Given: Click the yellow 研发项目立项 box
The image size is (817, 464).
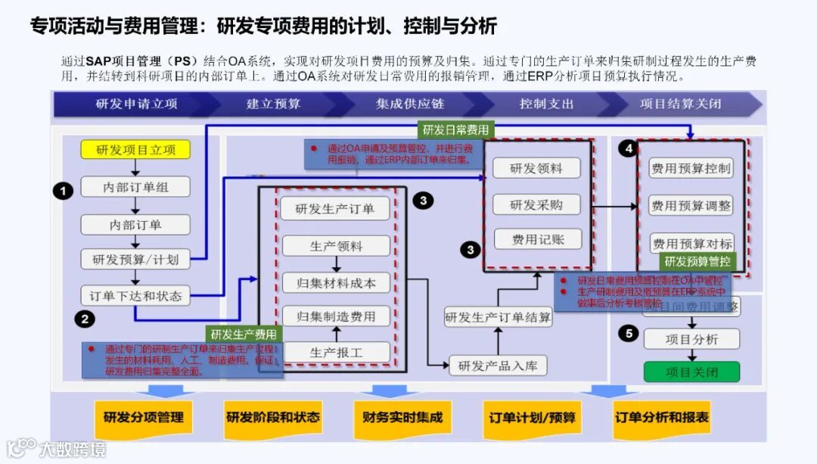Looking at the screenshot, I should tap(135, 150).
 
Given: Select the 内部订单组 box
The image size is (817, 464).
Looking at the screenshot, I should tap(135, 187).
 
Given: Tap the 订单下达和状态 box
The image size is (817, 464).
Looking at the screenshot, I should tap(135, 296).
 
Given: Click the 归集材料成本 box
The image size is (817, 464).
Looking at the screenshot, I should tap(336, 283).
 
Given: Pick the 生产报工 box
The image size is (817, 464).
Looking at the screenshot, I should tap(336, 352).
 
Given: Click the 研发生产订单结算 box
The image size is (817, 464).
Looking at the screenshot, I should tap(498, 316).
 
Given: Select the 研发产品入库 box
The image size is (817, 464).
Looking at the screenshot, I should tap(498, 366).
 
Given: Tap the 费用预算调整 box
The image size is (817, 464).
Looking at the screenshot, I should tap(691, 205).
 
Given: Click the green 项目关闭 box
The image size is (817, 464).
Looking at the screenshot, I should tap(691, 372).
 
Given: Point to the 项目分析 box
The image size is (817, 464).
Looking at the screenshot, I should tap(691, 339).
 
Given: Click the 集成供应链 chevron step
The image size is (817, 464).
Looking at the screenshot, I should tap(409, 104).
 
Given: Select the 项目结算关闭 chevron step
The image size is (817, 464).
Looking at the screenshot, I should tap(680, 104).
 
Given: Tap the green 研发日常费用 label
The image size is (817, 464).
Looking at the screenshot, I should tap(455, 129).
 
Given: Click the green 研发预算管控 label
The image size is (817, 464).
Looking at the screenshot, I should tap(697, 261).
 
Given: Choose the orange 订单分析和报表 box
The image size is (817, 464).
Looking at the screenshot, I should tap(662, 417).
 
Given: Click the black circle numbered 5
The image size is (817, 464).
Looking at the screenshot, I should tap(627, 333).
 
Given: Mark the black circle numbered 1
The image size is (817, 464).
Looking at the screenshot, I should tap(63, 191).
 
